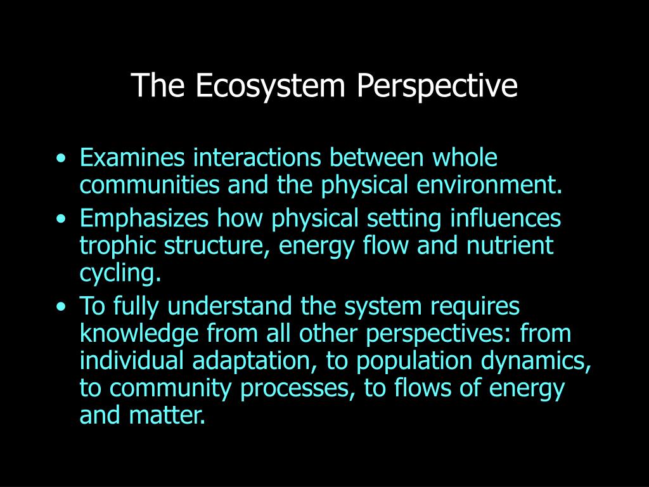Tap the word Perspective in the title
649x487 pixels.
(x=437, y=86)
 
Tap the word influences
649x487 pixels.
(x=505, y=219)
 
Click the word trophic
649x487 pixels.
(x=118, y=245)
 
